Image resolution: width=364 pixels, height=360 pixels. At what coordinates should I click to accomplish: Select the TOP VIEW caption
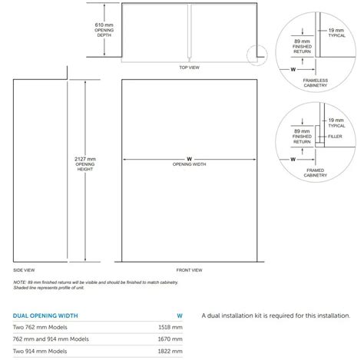tap(189, 68)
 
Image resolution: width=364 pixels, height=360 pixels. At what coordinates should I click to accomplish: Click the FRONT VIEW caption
tap(189, 269)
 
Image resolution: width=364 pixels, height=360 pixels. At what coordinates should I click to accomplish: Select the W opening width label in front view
tap(189, 161)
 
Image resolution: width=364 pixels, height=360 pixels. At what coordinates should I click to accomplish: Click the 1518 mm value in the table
tap(172, 326)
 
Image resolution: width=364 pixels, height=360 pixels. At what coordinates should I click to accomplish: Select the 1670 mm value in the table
tap(172, 339)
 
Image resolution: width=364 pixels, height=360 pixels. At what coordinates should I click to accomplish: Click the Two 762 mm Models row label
tap(41, 326)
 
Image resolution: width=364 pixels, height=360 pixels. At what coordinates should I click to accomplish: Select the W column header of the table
tap(179, 314)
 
